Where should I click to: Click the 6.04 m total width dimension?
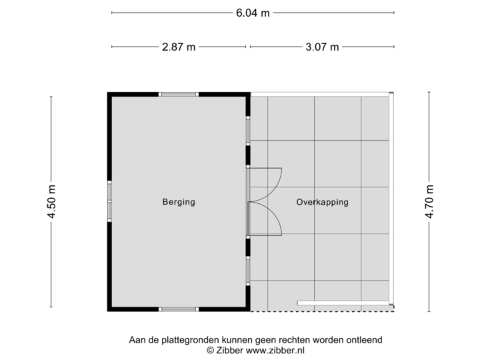click(x=252, y=13)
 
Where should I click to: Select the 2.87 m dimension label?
click(x=177, y=47)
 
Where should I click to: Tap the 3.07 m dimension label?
click(x=323, y=47)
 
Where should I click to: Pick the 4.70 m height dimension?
click(x=429, y=201)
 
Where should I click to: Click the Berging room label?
click(x=179, y=202)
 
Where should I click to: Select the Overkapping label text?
click(x=322, y=202)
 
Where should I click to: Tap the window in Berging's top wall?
click(x=179, y=94)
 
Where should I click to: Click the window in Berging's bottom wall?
click(x=179, y=309)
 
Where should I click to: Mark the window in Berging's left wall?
click(x=109, y=201)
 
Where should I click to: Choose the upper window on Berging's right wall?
click(x=248, y=130)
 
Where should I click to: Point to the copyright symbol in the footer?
click(x=211, y=349)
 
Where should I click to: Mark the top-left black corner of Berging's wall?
click(x=111, y=95)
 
